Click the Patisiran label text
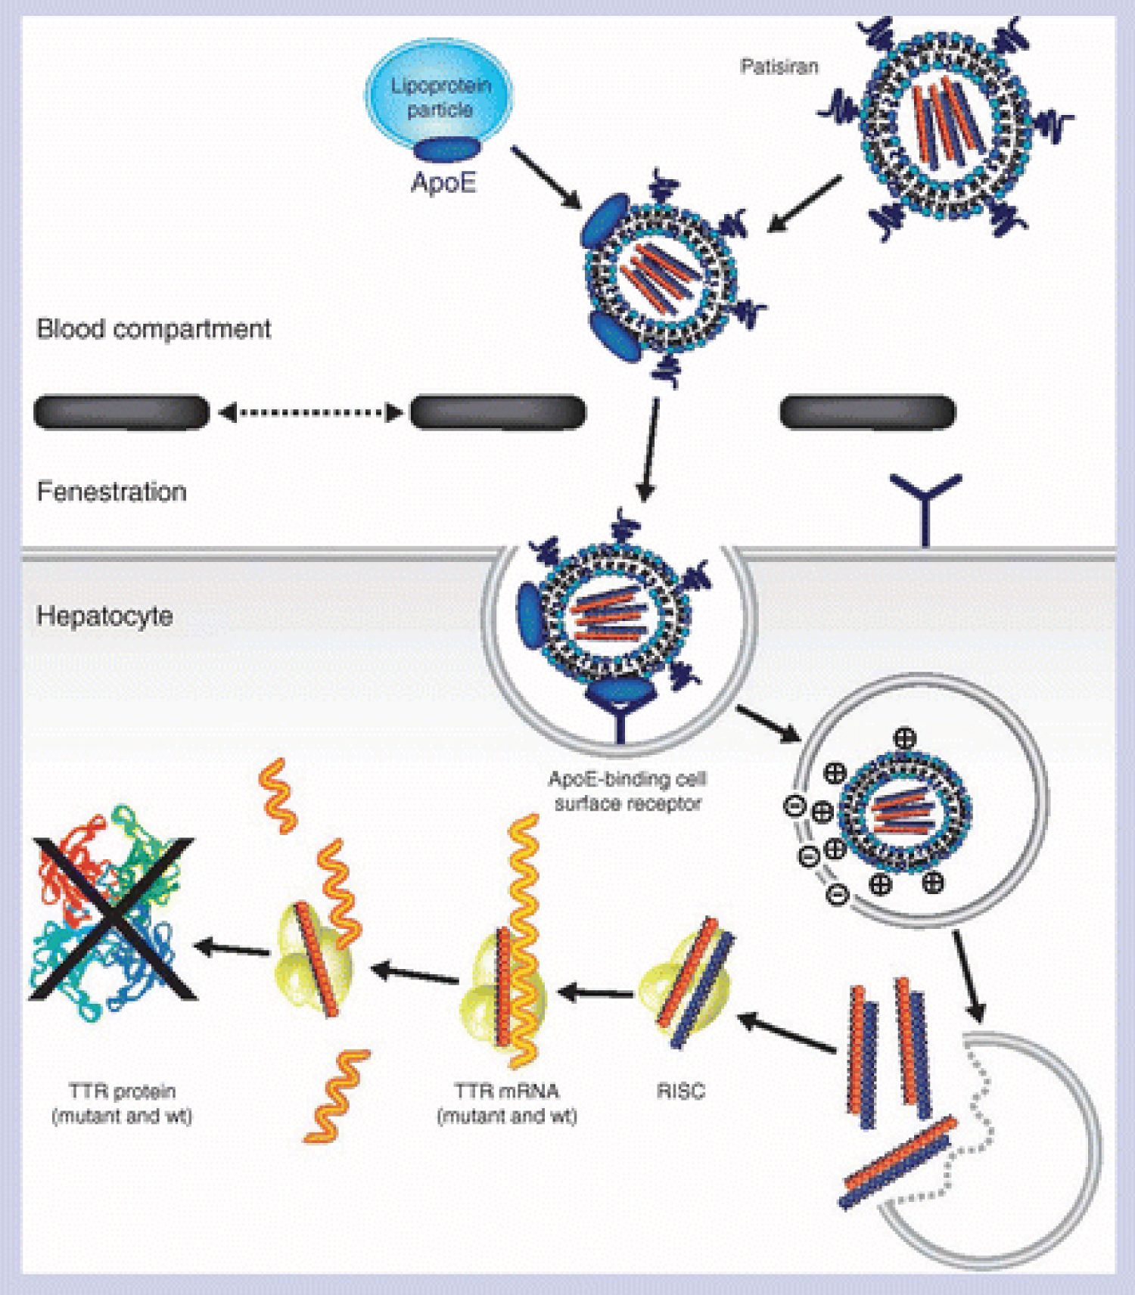[x=779, y=67]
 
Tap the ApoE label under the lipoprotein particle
[x=443, y=182]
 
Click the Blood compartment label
[x=154, y=329]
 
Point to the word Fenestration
[x=111, y=492]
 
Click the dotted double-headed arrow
[x=310, y=412]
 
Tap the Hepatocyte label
[x=104, y=616]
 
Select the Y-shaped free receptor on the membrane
[x=925, y=503]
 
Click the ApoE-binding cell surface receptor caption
[x=627, y=791]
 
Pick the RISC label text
[x=681, y=1091]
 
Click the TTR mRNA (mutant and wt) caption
[x=507, y=1103]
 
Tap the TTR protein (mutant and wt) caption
[x=122, y=1103]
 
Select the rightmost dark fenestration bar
[x=867, y=412]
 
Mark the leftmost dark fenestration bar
[x=121, y=412]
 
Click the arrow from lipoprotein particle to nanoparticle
[x=545, y=176]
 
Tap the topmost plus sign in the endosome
[x=905, y=738]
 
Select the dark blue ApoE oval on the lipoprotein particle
[x=446, y=149]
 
